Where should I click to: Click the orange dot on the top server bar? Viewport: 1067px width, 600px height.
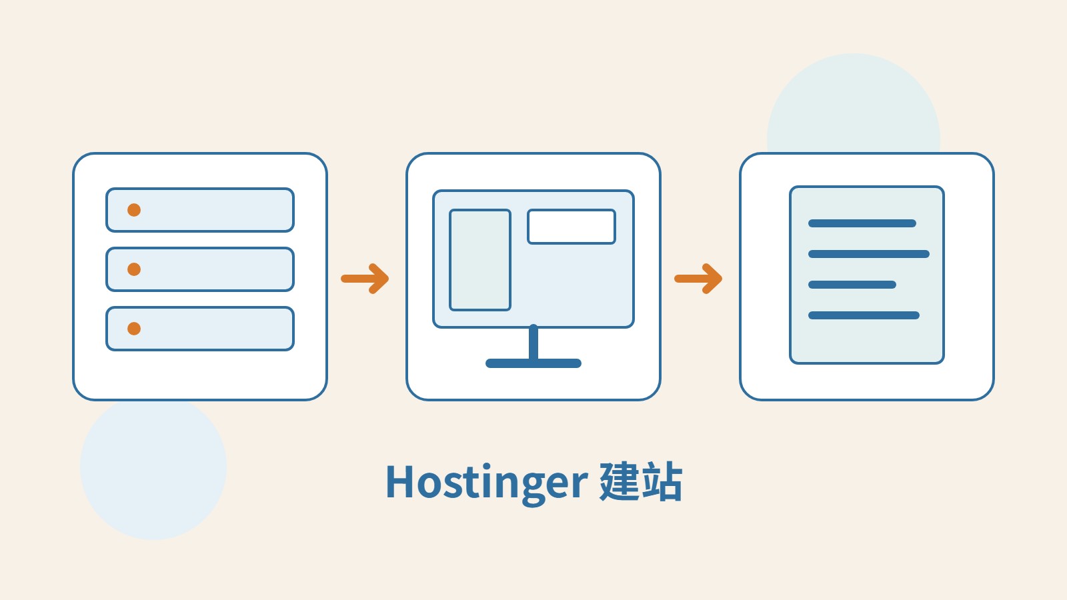(x=134, y=210)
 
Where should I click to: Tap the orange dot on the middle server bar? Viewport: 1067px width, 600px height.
(x=134, y=269)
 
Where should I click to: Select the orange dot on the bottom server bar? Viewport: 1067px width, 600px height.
(x=134, y=329)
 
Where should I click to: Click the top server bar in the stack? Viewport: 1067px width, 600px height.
(x=200, y=210)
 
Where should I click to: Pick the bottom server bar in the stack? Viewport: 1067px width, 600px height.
(x=200, y=329)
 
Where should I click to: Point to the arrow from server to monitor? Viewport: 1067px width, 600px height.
(x=365, y=279)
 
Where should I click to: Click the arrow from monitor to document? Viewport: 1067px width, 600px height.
(x=698, y=279)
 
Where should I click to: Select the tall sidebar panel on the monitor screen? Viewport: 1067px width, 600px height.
(x=480, y=260)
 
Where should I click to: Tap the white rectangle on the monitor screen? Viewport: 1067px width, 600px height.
(x=572, y=227)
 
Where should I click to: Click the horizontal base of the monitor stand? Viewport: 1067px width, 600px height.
(x=533, y=363)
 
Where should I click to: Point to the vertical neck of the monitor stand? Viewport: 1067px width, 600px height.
(x=533, y=342)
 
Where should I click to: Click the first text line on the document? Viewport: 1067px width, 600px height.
(x=862, y=223)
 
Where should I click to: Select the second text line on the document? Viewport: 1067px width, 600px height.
(x=869, y=254)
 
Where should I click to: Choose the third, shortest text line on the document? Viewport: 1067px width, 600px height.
(x=852, y=285)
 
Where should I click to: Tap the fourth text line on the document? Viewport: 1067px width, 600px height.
(x=864, y=315)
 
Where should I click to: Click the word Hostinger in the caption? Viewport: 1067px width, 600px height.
(x=486, y=483)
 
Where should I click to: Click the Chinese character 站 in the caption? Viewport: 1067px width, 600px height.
(x=662, y=481)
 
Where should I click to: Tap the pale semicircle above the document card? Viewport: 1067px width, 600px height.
(x=854, y=104)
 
